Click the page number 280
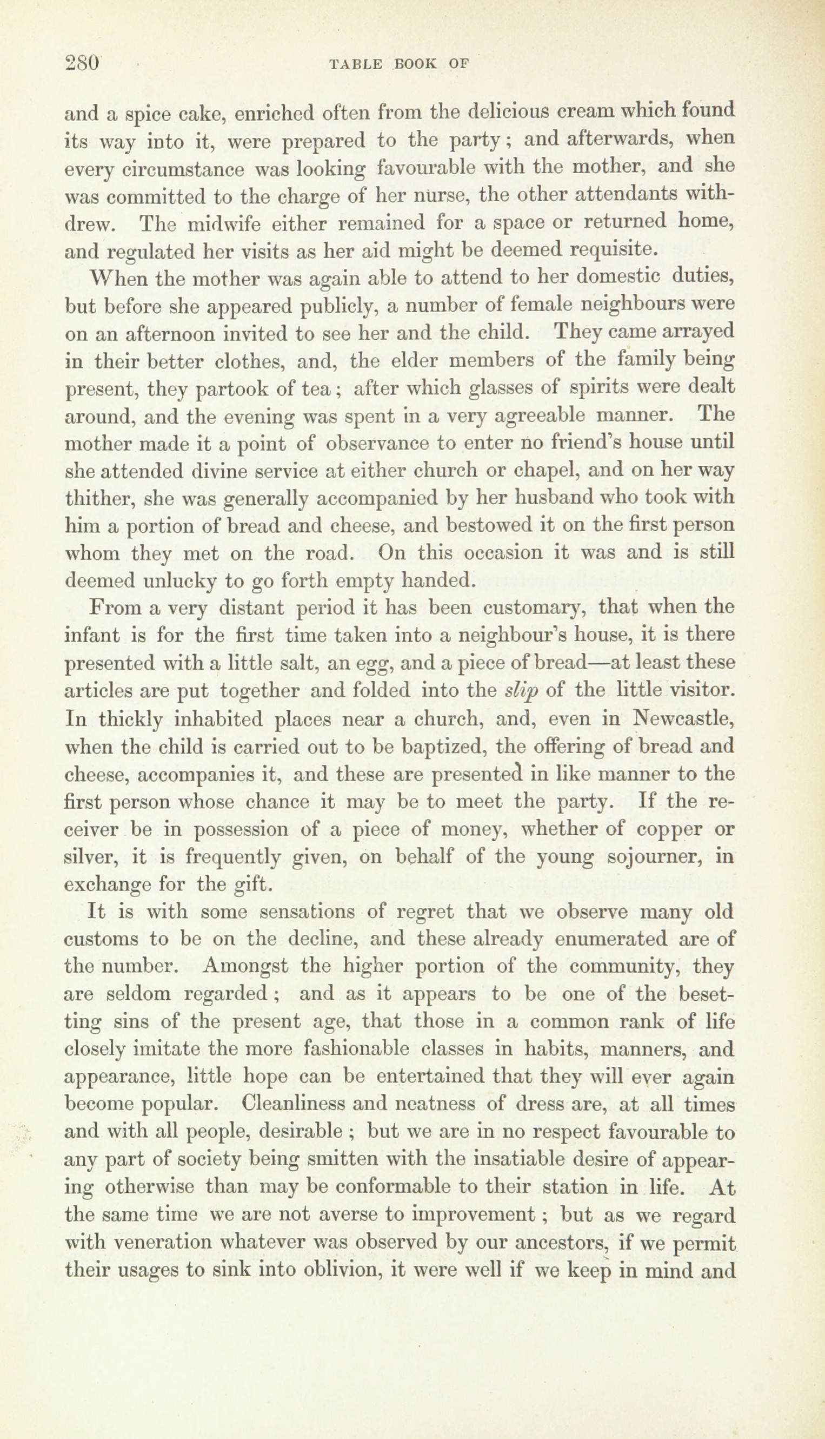83,62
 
